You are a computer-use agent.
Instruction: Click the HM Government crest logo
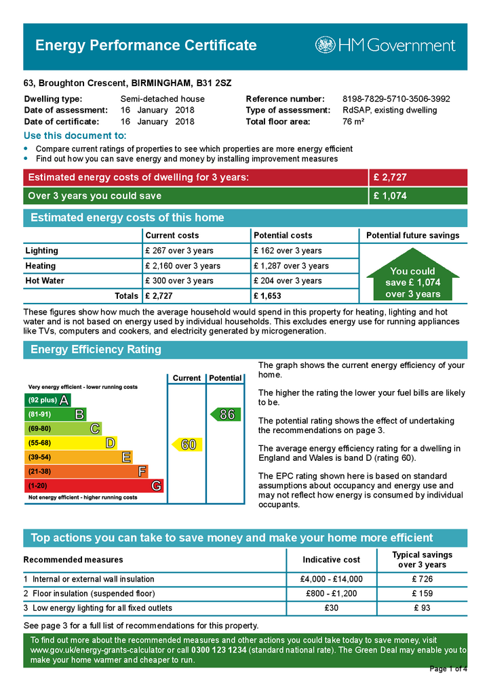coord(325,45)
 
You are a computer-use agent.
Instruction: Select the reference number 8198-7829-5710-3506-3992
coord(396,99)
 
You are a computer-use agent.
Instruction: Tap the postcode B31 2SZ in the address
coord(214,83)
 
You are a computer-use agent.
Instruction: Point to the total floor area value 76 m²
coord(353,122)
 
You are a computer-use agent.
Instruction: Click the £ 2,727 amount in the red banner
coord(390,178)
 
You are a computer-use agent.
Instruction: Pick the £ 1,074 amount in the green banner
coord(390,196)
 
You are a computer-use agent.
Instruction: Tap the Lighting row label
coord(41,251)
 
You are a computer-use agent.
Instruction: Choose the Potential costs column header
coord(283,235)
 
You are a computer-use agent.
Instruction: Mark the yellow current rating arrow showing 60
coord(186,445)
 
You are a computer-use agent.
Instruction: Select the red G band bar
coord(94,486)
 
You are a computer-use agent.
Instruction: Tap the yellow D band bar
coord(71,443)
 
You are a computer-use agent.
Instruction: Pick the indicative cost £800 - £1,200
coord(332,594)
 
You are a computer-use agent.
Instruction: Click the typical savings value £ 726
coord(423,579)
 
